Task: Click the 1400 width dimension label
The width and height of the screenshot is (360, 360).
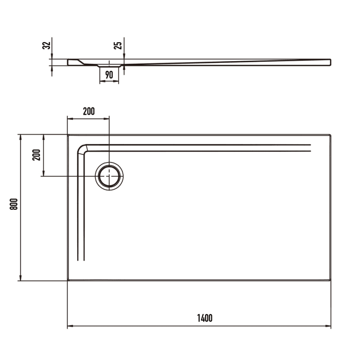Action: click(x=204, y=318)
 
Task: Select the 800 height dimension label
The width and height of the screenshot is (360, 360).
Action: click(x=14, y=204)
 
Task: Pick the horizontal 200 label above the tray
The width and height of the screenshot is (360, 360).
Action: click(x=88, y=112)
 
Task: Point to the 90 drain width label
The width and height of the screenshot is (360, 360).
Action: click(x=109, y=75)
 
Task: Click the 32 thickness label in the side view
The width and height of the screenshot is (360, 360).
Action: click(x=47, y=45)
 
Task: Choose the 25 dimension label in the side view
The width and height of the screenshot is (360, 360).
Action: click(x=118, y=45)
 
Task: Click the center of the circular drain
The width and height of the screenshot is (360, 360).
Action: click(x=110, y=176)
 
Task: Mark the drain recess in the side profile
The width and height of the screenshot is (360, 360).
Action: click(x=109, y=66)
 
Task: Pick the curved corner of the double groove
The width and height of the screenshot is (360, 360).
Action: click(x=83, y=149)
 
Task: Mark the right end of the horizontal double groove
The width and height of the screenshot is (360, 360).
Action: click(x=311, y=148)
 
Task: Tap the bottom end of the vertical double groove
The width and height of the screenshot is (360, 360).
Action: click(x=80, y=261)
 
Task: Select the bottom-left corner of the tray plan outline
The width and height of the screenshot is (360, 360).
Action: click(x=68, y=280)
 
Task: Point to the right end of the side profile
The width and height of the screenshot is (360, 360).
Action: click(x=330, y=62)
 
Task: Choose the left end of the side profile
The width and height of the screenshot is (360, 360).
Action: click(x=68, y=62)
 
